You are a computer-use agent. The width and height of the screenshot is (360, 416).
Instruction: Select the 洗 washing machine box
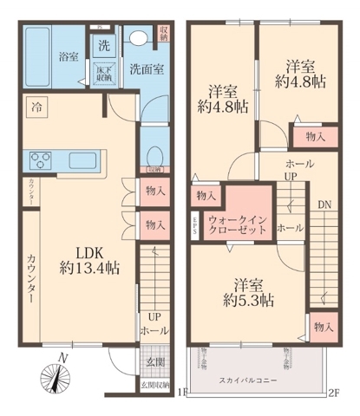(103, 45)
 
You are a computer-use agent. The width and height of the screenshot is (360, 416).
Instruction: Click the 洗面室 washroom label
(143, 68)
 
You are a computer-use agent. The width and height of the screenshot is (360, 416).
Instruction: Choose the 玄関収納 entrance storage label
(155, 382)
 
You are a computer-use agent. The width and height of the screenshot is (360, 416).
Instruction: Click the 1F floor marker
(180, 392)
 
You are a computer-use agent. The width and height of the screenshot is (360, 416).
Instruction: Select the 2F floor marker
(334, 392)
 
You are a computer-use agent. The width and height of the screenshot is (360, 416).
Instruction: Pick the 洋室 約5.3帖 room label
(247, 293)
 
